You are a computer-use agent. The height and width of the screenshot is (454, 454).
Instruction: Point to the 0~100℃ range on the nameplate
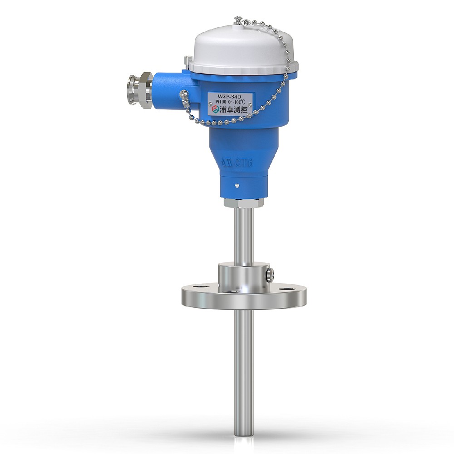237,103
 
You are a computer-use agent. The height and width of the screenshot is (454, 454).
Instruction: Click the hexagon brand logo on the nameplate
212,111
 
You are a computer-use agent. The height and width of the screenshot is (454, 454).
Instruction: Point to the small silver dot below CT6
238,185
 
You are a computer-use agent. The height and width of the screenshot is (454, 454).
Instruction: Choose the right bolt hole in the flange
284,288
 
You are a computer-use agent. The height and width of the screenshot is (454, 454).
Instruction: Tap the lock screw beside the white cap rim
187,60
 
